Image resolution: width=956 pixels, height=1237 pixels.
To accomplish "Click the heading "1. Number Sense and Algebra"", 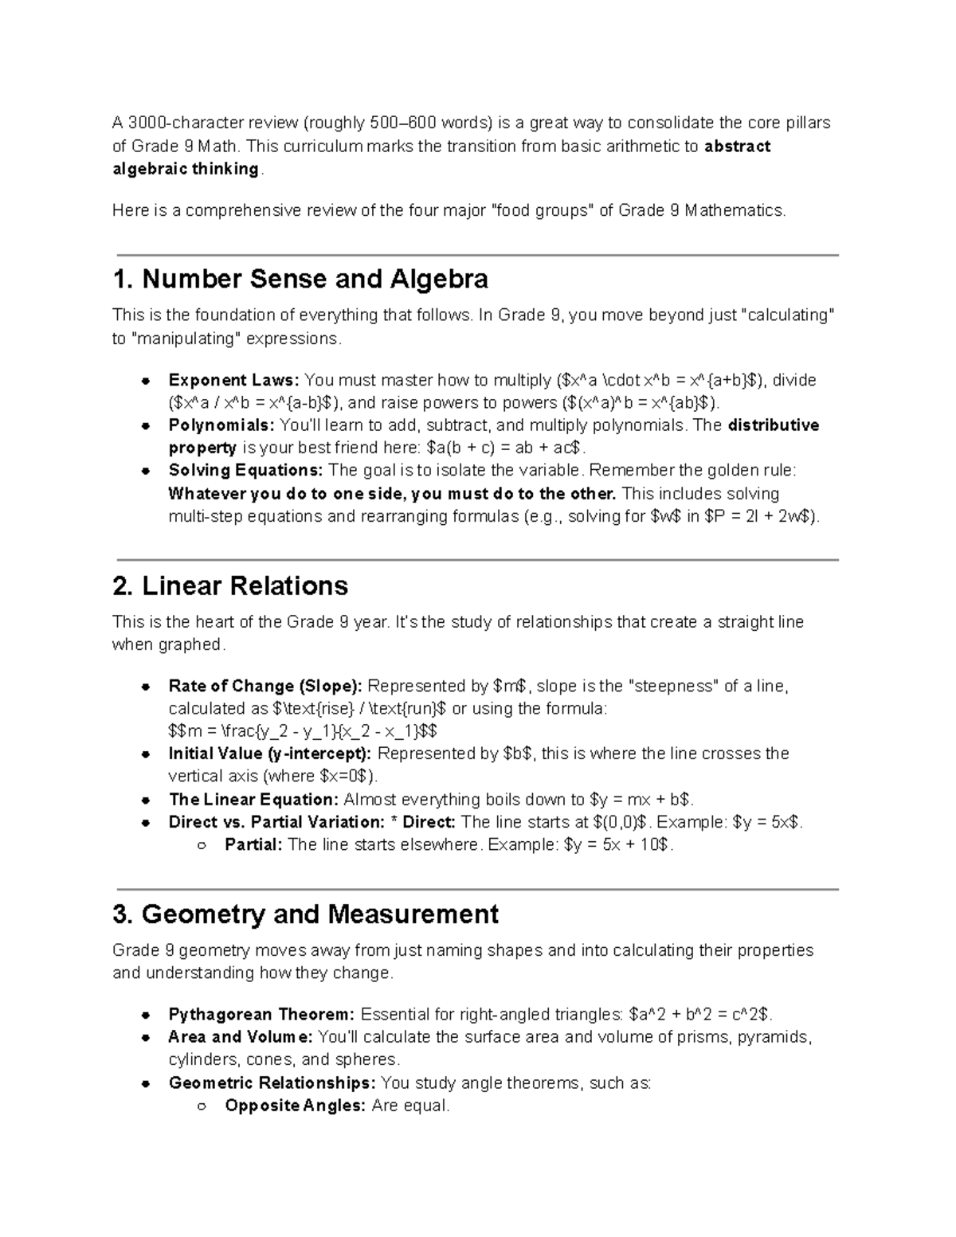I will [x=300, y=280].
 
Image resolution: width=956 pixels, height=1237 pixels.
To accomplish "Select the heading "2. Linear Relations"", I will [x=230, y=586].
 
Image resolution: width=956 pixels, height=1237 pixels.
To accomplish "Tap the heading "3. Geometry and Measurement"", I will [x=306, y=914].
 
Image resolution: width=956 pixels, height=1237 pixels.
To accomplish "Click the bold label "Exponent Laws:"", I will [x=234, y=380].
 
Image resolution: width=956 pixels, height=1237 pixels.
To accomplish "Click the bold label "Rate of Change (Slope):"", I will [x=265, y=687].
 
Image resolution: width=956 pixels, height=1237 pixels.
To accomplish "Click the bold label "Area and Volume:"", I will [x=241, y=1037].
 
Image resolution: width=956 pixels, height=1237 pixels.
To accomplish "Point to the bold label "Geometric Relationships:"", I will [x=272, y=1083].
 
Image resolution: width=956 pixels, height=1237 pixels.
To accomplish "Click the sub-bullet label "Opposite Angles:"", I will [x=296, y=1106].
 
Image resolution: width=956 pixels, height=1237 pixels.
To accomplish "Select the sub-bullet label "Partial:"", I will [x=253, y=845].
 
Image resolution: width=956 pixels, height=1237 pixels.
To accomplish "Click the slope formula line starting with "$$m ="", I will [x=303, y=731].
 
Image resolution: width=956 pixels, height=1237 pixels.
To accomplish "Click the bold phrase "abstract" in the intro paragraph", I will [x=738, y=147].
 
